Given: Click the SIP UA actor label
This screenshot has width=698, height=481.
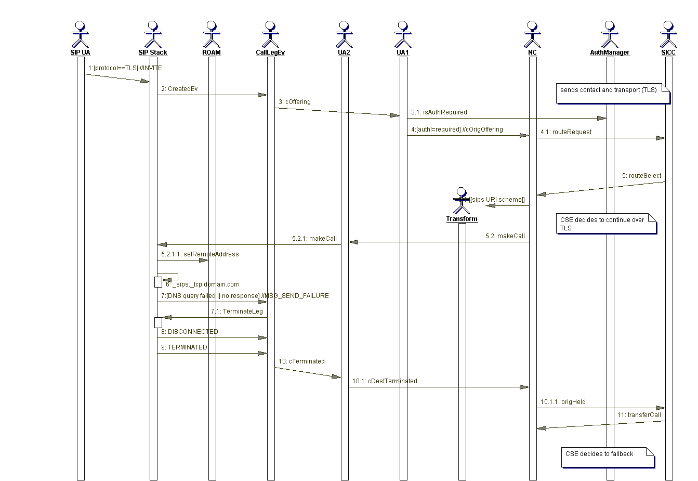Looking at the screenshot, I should pos(80,53).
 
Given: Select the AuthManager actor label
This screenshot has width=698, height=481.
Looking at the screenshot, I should pos(610,53).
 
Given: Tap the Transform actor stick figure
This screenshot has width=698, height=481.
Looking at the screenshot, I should pos(461,201).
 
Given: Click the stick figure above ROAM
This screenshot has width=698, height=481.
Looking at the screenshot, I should pos(212,34).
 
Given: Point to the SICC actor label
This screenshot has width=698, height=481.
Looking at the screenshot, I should pos(668,53).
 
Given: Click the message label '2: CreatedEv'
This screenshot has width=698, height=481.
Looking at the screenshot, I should pos(179,89).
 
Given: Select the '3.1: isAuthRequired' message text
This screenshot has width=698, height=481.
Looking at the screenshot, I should pos(439,112).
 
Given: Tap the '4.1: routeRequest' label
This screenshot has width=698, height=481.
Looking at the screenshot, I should pos(566,132).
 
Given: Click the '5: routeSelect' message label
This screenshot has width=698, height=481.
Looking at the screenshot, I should pos(641,176).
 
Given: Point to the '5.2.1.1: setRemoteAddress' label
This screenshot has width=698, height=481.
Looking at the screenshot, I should pos(200,254).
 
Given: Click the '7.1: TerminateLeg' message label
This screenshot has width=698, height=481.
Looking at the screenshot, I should pos(236,311).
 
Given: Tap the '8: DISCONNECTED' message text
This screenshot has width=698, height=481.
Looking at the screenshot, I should pos(189,332).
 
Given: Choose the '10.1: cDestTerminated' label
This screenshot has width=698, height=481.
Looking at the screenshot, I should pos(385,381).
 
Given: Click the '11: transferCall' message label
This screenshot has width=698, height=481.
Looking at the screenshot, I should pos(639,415).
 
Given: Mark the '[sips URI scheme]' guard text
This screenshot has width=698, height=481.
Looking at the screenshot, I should pos(497,200).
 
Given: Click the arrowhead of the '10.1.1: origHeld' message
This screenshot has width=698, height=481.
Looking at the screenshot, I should pos(661,408).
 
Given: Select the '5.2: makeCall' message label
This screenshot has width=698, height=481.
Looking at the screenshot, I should pos(505,236).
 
